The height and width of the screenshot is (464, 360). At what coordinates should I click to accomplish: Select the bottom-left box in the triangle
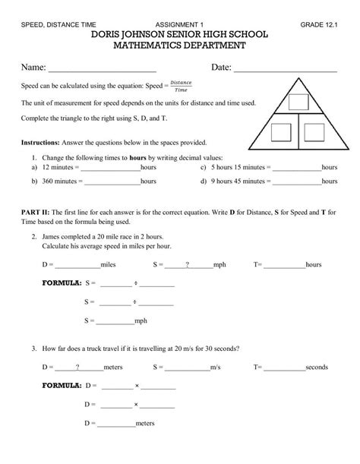pyautogui.click(x=280, y=134)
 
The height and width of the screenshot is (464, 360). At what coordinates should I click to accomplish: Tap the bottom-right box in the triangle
pyautogui.click(x=316, y=134)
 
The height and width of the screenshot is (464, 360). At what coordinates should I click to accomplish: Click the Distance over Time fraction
pyautogui.click(x=182, y=86)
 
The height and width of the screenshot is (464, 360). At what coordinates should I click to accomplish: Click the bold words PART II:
pyautogui.click(x=37, y=213)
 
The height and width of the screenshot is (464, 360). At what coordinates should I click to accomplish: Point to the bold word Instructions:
pyautogui.click(x=44, y=142)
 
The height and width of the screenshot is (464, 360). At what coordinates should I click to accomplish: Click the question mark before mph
pyautogui.click(x=188, y=265)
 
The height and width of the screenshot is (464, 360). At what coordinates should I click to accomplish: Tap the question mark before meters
pyautogui.click(x=77, y=367)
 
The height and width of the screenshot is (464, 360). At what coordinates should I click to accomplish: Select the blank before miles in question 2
pyautogui.click(x=76, y=266)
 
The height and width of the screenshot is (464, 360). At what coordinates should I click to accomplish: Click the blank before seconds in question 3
pyautogui.click(x=283, y=368)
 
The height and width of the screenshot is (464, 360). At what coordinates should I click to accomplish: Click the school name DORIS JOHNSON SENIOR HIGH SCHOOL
pyautogui.click(x=179, y=36)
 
